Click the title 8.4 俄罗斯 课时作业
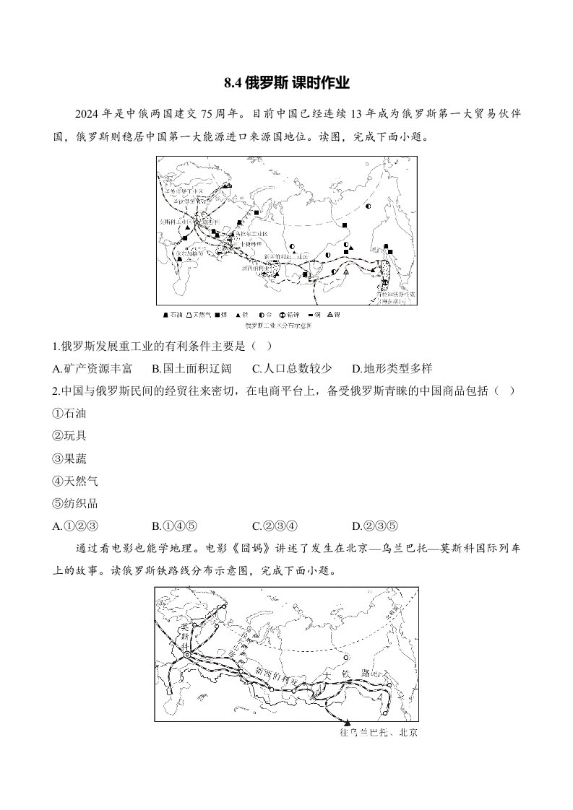287,83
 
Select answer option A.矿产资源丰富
92,368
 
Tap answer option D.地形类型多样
392,368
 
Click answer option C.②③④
275,526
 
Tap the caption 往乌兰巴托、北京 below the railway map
378,733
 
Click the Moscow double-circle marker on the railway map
187,656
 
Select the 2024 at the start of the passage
89,115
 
